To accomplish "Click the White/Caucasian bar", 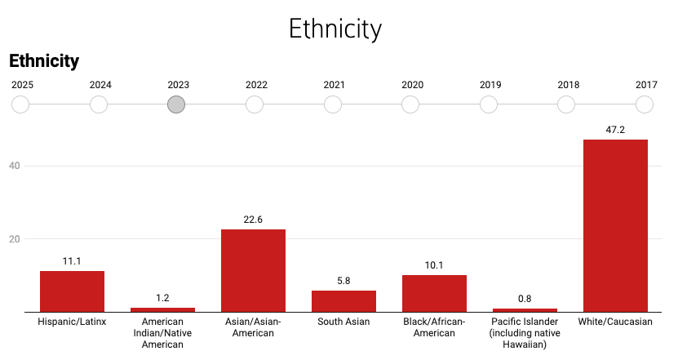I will coord(615,225).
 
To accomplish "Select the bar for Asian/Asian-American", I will coord(253,270).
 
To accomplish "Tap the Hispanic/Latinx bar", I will coord(72,291).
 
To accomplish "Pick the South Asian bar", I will coord(343,300).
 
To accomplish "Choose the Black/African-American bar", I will coord(434,293).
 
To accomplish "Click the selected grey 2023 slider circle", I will coord(176,104).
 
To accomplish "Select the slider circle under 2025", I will coord(20,104).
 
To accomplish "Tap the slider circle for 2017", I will coord(645,104).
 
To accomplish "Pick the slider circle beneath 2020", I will coord(410,104).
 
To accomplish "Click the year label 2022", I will coord(256,85).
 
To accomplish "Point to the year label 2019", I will coord(490,85).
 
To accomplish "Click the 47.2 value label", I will coord(615,130).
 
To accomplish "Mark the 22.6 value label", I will coord(253,220).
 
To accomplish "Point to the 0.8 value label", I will coord(524,299).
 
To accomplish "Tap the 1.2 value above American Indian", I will coord(162,298).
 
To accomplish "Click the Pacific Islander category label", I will coord(524,333).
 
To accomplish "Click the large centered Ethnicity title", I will coord(335,29).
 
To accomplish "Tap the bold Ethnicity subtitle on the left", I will coord(44,60).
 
